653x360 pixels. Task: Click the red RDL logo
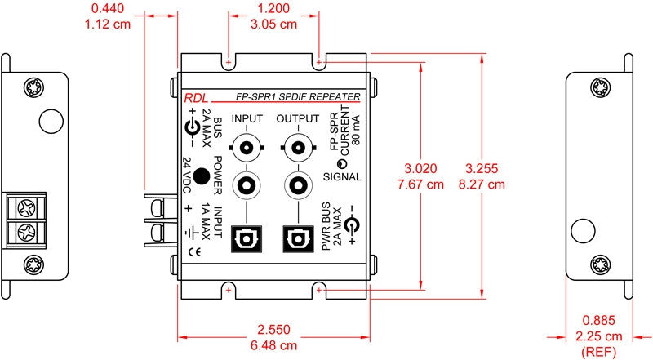coord(196,98)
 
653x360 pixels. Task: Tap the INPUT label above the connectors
coord(247,118)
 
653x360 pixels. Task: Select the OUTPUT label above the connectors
coord(298,118)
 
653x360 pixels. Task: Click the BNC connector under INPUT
coord(247,148)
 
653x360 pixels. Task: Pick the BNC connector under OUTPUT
coord(298,148)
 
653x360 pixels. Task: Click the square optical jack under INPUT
coord(247,239)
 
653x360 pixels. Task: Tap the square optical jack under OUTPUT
coord(298,239)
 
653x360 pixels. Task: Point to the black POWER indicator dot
coord(202,176)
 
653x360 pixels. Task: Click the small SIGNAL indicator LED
coord(342,163)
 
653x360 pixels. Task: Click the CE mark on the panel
coord(194,252)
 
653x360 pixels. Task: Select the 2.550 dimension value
coord(273,330)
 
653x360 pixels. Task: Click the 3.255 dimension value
coord(482,168)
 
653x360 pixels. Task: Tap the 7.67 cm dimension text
coord(420,184)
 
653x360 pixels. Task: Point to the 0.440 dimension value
coord(108,8)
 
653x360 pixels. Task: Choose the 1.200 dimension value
coord(273,8)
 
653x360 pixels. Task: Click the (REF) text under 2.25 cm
coord(598,352)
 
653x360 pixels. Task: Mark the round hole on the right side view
coord(583,231)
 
